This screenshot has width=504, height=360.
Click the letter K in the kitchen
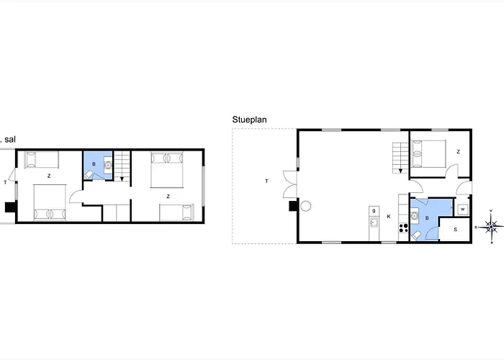[389, 216]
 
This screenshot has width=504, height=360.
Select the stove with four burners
[403, 229]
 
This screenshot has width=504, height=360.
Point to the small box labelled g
[374, 210]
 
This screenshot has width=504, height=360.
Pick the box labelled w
[462, 209]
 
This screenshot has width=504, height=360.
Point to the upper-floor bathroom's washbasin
[107, 165]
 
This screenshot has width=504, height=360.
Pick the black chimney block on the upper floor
[9, 207]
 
